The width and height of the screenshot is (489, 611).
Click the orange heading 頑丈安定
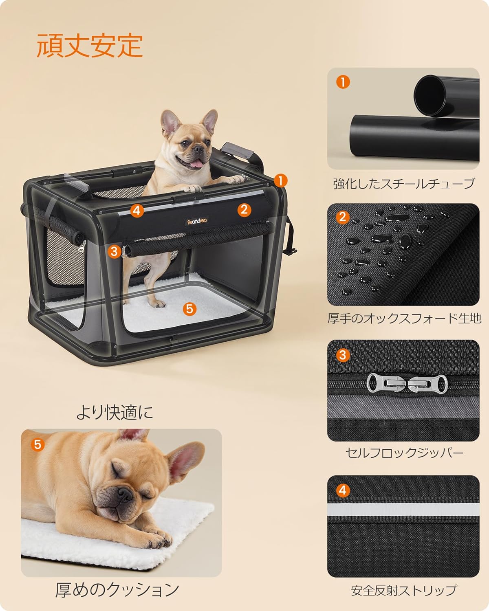[x=90, y=45]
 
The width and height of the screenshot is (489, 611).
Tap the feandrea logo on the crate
[x=195, y=221]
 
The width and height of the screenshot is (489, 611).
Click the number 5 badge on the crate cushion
[x=189, y=309]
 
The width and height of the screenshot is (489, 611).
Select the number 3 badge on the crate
[x=115, y=251]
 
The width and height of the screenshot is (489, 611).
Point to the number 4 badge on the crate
[x=137, y=210]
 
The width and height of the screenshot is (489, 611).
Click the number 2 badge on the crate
[x=244, y=209]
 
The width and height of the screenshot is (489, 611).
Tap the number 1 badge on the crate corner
[x=281, y=180]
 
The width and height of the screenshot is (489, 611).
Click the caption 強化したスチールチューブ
[x=403, y=184]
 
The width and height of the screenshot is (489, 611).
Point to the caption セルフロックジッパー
[x=404, y=453]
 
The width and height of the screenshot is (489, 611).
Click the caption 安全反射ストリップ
[x=404, y=590]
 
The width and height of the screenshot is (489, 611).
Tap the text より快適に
[x=115, y=413]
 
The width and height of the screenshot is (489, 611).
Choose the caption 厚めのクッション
[x=117, y=589]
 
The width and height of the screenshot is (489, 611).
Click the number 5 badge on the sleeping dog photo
[x=37, y=444]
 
